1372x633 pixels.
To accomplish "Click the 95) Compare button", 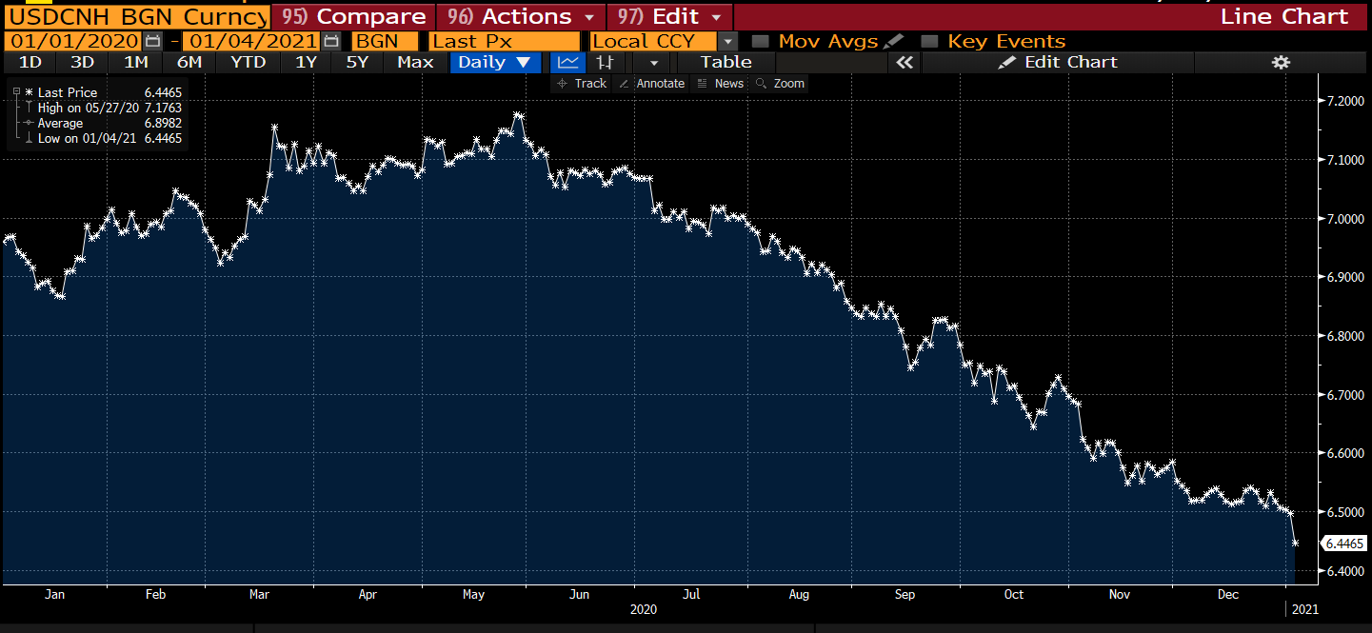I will click(353, 17).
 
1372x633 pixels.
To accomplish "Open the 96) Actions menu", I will click(522, 17).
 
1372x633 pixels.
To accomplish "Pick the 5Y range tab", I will click(357, 62).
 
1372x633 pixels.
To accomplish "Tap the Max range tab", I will click(415, 62).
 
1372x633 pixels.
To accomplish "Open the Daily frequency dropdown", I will click(494, 62).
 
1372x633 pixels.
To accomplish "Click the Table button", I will click(726, 62).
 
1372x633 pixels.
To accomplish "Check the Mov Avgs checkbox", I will click(760, 41).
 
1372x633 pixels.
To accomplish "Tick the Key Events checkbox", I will click(930, 41).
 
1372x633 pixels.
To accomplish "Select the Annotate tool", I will click(652, 84).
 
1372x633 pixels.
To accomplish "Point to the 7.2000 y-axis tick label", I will click(1340, 101).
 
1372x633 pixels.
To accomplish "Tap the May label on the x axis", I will click(473, 594).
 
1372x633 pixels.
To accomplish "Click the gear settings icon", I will click(1281, 62).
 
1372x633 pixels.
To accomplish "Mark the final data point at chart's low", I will click(1295, 543).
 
